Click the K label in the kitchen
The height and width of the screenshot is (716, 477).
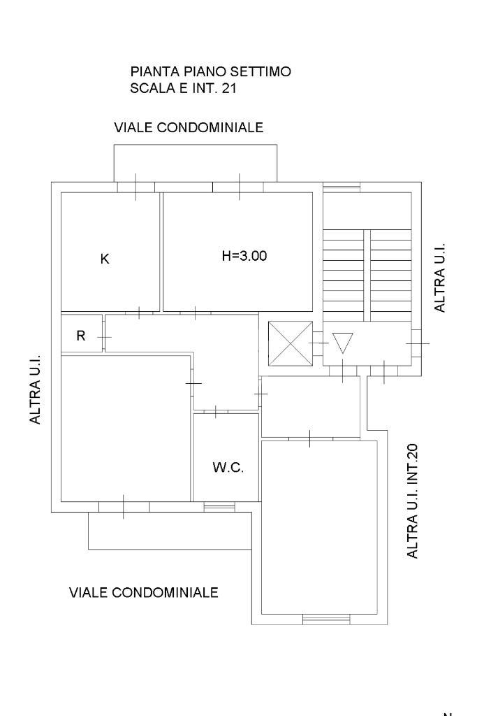coord(105,259)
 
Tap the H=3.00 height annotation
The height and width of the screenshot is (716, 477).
coord(244,256)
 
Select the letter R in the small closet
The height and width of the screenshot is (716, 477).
coord(81,336)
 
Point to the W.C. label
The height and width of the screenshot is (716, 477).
coord(228,467)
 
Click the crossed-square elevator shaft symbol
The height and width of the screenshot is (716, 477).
coord(291,344)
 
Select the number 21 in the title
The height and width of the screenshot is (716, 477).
coord(229,88)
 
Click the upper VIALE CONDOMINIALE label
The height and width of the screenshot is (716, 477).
coord(189,127)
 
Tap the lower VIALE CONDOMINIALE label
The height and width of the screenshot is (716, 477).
coord(144,592)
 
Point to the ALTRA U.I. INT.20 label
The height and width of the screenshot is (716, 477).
coord(412,501)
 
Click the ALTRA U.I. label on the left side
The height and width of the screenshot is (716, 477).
coord(35,389)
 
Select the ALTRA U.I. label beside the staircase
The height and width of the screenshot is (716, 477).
coord(439,278)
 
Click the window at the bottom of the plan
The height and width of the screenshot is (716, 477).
coord(326,620)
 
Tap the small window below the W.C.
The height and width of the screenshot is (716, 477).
coord(219,507)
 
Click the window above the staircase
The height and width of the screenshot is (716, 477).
coord(342,187)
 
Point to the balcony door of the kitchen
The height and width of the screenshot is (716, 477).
coord(136,187)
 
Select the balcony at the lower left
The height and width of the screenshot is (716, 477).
coord(170,531)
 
